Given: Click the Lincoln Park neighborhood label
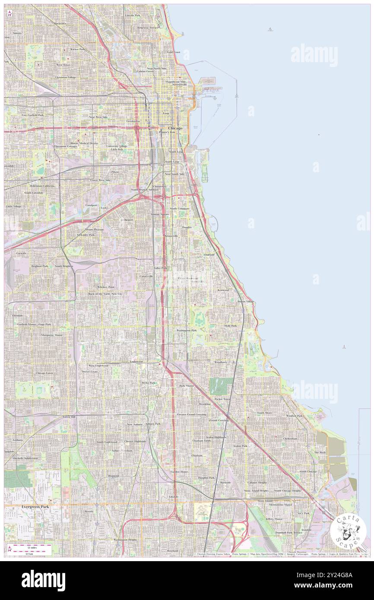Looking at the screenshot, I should tap(132, 16).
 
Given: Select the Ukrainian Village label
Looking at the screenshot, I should tap(65, 77).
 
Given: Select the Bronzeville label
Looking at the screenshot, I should tap(171, 236).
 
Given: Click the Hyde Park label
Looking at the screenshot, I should tap(230, 325).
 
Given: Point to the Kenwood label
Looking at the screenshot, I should tap(223, 290).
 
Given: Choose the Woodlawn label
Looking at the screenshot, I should tap(220, 362).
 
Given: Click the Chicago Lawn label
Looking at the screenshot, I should tap(44, 373).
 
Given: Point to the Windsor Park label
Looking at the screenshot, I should tap(294, 415).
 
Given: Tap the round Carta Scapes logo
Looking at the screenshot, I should tap(348, 531).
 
